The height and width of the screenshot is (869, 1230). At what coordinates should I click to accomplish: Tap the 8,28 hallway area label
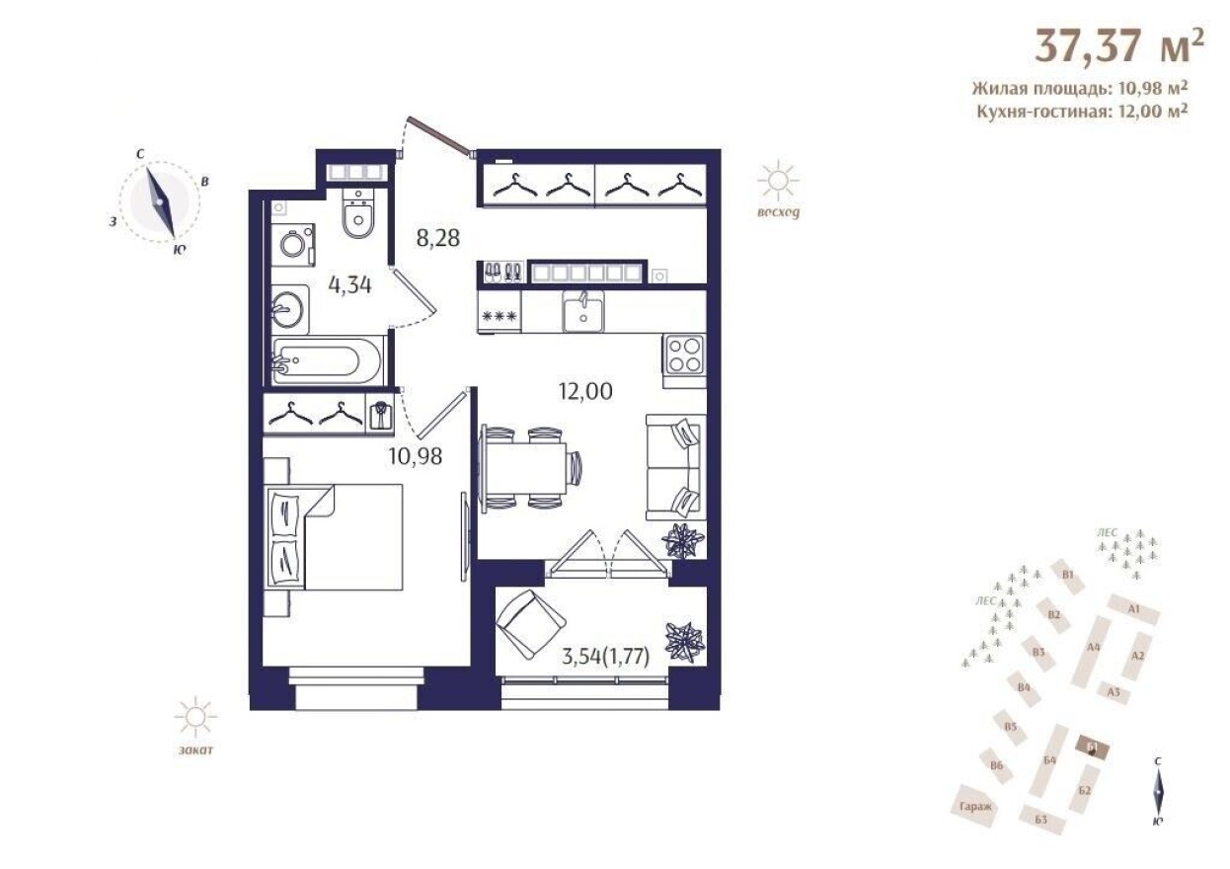438,238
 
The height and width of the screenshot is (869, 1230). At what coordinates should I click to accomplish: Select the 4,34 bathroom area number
349,286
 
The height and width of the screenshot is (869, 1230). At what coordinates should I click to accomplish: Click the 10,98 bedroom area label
415,456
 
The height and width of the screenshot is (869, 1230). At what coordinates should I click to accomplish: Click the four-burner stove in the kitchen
684,355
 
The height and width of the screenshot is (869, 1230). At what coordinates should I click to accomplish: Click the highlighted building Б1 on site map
1091,749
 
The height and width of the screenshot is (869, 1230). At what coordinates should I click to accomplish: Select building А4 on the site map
1093,648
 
